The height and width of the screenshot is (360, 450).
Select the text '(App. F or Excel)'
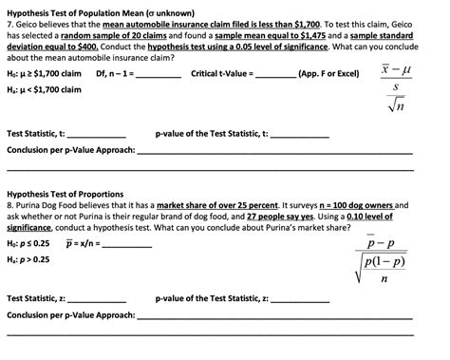coord(328,74)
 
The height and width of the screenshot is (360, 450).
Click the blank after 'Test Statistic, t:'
coord(96,134)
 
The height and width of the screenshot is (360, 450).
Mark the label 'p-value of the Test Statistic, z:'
coord(213,298)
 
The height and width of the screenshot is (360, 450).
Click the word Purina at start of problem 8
coord(29,203)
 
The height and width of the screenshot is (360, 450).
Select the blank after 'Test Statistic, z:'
coord(96,298)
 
